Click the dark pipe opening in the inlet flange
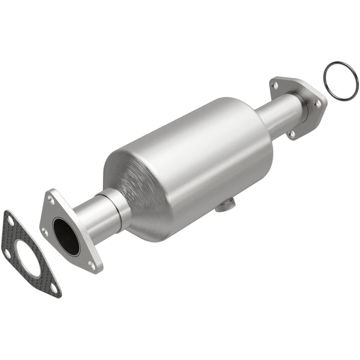[66, 237]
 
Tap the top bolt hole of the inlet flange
[51, 197]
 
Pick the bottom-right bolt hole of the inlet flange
[92, 265]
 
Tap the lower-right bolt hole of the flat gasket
[53, 289]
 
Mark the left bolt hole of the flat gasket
[7, 253]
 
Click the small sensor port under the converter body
[223, 207]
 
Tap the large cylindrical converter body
[201, 154]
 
